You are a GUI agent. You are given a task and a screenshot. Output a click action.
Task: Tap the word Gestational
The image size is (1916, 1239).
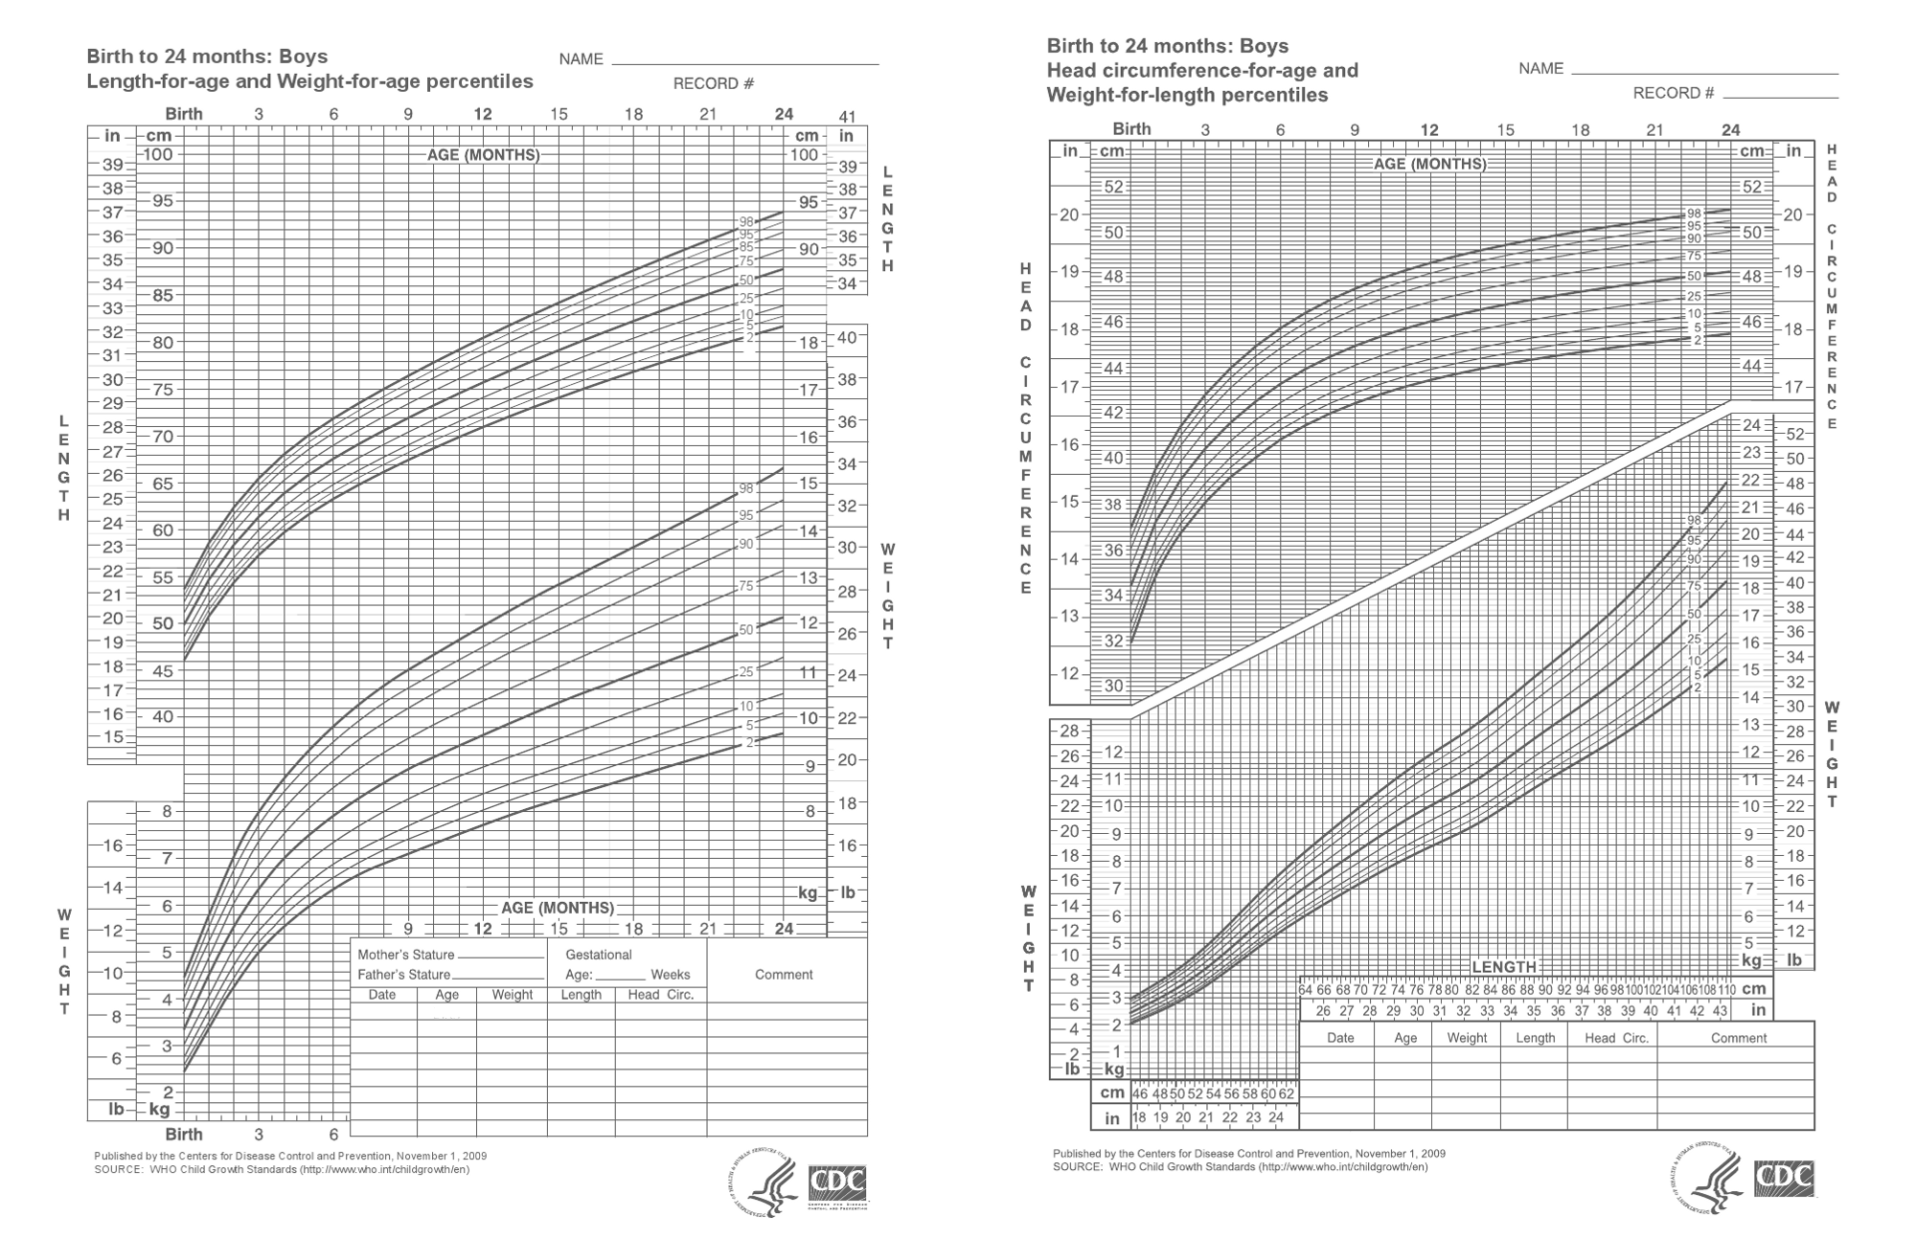[599, 955]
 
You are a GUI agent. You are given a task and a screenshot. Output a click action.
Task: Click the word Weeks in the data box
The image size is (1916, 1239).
[671, 975]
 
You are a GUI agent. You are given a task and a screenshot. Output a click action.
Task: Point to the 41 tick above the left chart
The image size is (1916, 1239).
[847, 116]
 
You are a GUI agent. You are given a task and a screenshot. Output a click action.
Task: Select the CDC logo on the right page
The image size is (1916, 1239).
[1784, 1179]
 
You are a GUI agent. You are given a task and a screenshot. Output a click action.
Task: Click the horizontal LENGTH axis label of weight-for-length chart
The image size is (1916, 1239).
[1504, 967]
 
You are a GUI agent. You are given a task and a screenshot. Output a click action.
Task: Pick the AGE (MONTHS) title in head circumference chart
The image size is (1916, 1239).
[1430, 164]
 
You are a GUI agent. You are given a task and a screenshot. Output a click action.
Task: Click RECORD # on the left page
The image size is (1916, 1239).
[714, 84]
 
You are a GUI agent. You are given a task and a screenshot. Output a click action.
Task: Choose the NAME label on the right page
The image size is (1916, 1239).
[1541, 68]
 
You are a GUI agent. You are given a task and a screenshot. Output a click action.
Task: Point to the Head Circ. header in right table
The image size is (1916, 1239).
[1617, 1038]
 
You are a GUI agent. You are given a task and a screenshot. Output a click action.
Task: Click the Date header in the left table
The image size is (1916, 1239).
[382, 995]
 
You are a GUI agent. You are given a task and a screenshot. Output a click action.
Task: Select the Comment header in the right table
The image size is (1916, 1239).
[1739, 1038]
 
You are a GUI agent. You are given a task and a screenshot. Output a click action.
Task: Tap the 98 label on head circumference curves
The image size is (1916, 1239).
[1694, 214]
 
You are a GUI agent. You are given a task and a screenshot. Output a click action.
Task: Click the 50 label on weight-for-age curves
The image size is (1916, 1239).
[746, 630]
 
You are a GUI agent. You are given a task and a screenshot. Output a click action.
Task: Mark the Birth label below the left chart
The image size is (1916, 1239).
[184, 1135]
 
